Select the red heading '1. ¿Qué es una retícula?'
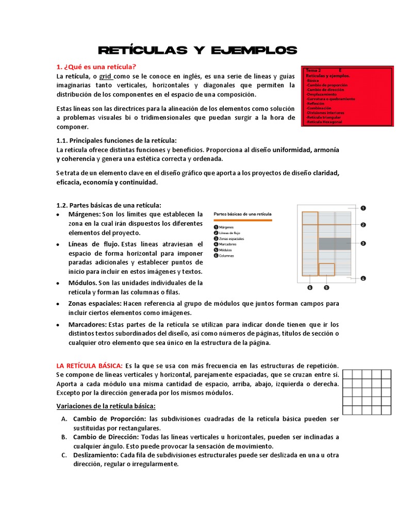coord(96,67)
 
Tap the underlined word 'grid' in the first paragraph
coord(107,76)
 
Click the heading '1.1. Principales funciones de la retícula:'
coord(116,140)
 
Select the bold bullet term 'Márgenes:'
coord(85,214)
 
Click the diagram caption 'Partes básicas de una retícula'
coord(242,213)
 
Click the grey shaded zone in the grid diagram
coord(335,243)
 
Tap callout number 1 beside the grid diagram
coord(363,208)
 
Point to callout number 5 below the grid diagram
coord(326,287)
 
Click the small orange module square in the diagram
coord(326,270)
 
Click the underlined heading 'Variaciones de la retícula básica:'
coord(106,405)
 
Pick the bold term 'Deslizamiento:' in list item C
coord(95,455)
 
